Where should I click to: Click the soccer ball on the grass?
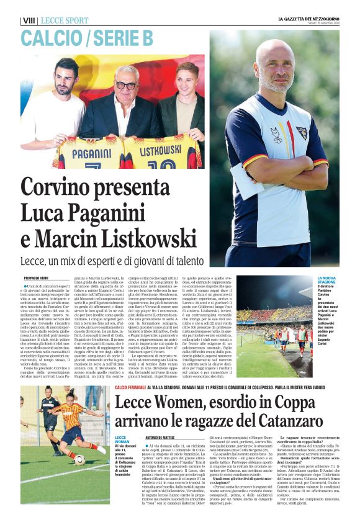coord(79,460)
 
